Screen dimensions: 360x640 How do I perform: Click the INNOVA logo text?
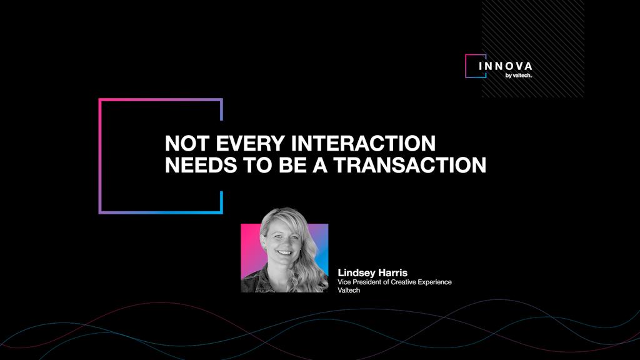point(506,66)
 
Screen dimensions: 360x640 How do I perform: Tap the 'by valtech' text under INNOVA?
point(518,76)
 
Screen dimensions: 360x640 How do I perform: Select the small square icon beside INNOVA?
point(475,66)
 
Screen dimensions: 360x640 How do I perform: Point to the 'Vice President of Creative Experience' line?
point(394,282)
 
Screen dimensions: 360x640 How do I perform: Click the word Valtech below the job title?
point(348,290)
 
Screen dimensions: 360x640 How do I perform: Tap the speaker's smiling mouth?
point(284,252)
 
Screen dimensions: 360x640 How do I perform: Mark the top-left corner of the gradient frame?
point(100,100)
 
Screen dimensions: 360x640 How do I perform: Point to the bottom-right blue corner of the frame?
point(221,212)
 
